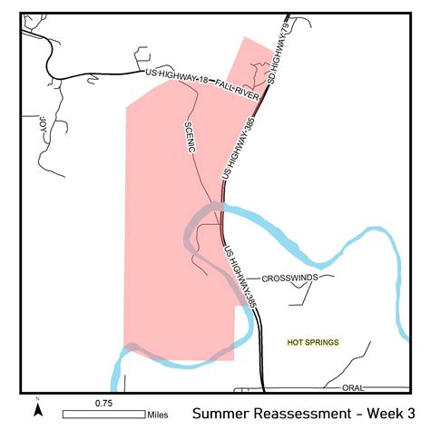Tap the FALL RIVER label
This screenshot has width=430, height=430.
[x=239, y=89]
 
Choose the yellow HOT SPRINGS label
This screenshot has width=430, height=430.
[x=312, y=342]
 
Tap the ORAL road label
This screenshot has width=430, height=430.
[x=353, y=387]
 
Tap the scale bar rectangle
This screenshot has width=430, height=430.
[x=103, y=414]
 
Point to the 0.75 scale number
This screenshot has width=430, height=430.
[x=103, y=402]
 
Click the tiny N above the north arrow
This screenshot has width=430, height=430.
[x=37, y=399]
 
